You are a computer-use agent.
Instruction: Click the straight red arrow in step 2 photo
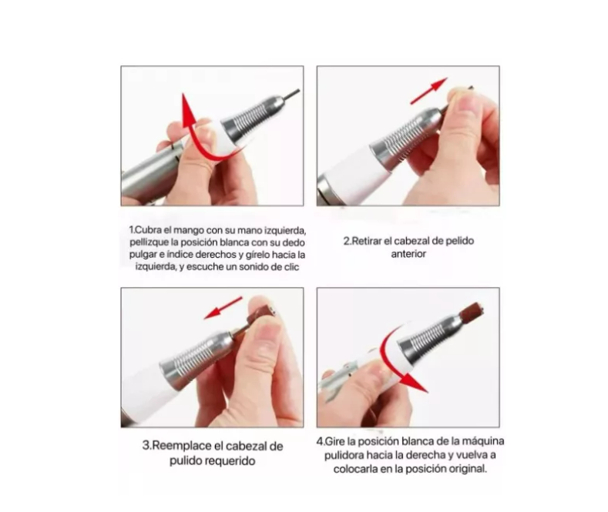pos(429,91)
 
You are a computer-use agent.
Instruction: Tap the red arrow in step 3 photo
pos(223,308)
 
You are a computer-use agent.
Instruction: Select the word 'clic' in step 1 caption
pos(291,267)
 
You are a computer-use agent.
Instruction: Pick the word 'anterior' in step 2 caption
pos(408,254)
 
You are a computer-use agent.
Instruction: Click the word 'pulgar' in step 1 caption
pos(142,255)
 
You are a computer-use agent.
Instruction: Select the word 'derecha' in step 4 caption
pos(428,455)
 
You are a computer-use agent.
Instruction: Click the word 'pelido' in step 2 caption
pos(459,241)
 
